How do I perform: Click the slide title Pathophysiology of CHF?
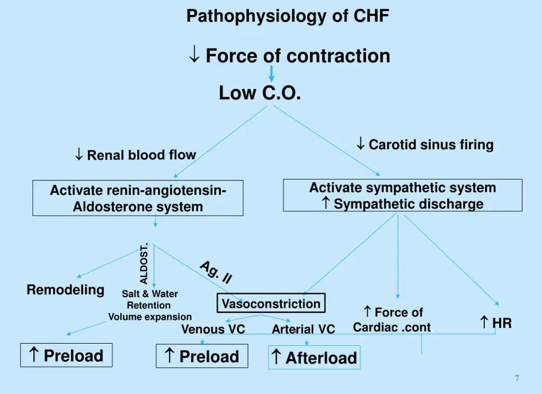coord(287,16)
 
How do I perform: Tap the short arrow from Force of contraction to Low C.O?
coord(271,74)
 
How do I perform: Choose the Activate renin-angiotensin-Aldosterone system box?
coord(138,198)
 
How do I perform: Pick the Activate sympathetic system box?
coord(402,195)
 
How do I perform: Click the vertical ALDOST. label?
coord(144,263)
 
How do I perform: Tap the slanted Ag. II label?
coord(216,272)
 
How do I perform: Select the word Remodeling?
coord(66,290)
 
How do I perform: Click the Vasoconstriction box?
coord(271,304)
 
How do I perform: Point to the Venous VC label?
coord(213,329)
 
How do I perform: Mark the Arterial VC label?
coord(303,329)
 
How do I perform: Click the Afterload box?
coord(314,358)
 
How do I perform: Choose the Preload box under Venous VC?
coord(202,356)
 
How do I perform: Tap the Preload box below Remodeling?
coord(66,355)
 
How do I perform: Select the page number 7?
coord(517,378)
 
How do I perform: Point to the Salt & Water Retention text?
coord(150,299)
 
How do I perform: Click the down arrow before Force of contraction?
coord(194,55)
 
